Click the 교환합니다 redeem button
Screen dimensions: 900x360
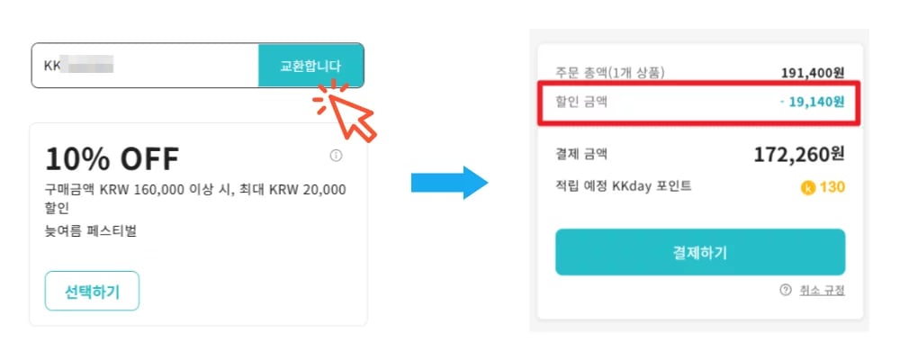[x=310, y=66]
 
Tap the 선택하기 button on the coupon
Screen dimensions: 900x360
[x=92, y=291]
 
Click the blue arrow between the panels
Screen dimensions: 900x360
[x=449, y=183]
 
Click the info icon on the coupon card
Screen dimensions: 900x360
[x=337, y=156]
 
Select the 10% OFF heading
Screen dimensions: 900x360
[x=112, y=159]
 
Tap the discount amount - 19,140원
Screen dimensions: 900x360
[x=812, y=102]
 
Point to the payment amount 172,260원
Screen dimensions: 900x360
[x=799, y=155]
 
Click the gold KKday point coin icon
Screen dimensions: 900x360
[x=807, y=188]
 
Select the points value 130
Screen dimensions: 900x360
[x=832, y=188]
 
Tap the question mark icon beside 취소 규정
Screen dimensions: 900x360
[x=785, y=290]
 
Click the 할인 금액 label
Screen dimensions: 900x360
[x=581, y=102]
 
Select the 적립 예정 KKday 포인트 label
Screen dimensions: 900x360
[x=623, y=186]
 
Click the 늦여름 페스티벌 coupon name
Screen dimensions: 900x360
[x=91, y=231]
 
